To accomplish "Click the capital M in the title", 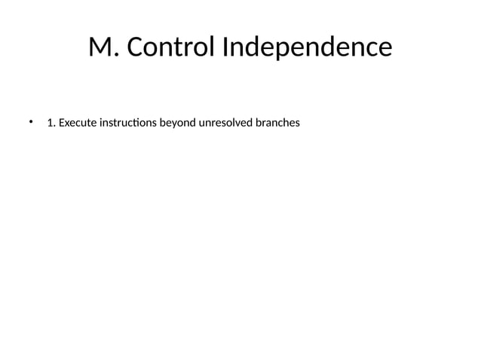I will tap(101, 47).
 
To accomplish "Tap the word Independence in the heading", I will tap(306, 47).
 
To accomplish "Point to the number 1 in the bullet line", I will tap(50, 122).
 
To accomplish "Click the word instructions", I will tap(127, 122).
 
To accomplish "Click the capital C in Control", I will tap(136, 47).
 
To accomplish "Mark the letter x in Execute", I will tap(67, 122).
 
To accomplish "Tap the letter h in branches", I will tap(289, 122).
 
